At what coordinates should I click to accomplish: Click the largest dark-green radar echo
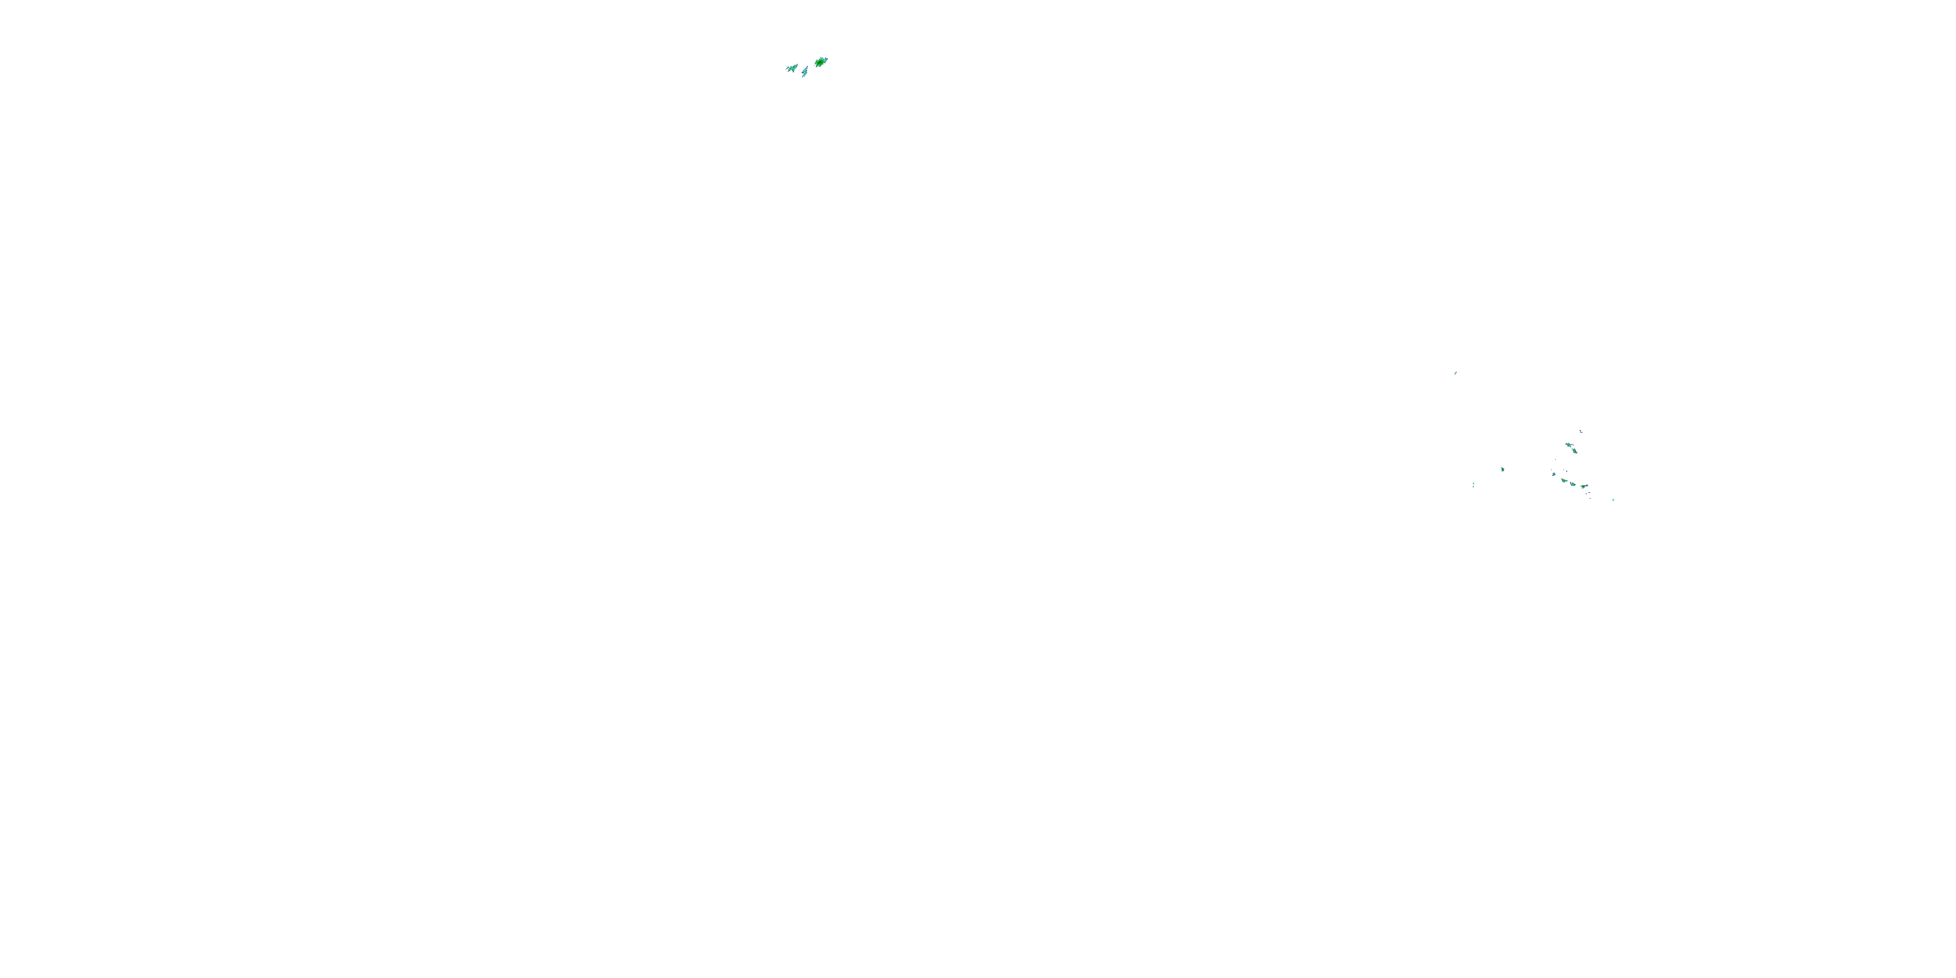[x=820, y=62]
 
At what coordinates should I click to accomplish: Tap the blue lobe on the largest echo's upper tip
[x=826, y=59]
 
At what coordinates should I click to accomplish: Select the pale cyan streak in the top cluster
[x=805, y=70]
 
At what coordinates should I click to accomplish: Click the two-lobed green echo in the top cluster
[x=793, y=68]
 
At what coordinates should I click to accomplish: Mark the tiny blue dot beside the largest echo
[x=814, y=66]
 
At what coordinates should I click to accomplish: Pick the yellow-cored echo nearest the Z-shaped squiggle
[x=1569, y=445]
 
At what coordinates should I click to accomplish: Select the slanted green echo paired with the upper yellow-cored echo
[x=1575, y=452]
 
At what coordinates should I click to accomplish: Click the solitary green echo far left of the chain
[x=1503, y=470]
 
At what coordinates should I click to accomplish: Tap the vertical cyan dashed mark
[x=1474, y=485]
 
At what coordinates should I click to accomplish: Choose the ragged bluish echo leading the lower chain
[x=1554, y=475]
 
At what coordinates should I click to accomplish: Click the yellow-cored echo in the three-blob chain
[x=1564, y=481]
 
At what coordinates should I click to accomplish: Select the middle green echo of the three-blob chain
[x=1573, y=484]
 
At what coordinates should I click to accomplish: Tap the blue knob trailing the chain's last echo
[x=1587, y=486]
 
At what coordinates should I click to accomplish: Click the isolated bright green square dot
[x=1614, y=500]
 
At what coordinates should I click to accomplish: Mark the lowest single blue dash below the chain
[x=1591, y=499]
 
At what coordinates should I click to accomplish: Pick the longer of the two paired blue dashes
[x=1590, y=493]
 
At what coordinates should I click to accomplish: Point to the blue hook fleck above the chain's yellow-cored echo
[x=1567, y=471]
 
